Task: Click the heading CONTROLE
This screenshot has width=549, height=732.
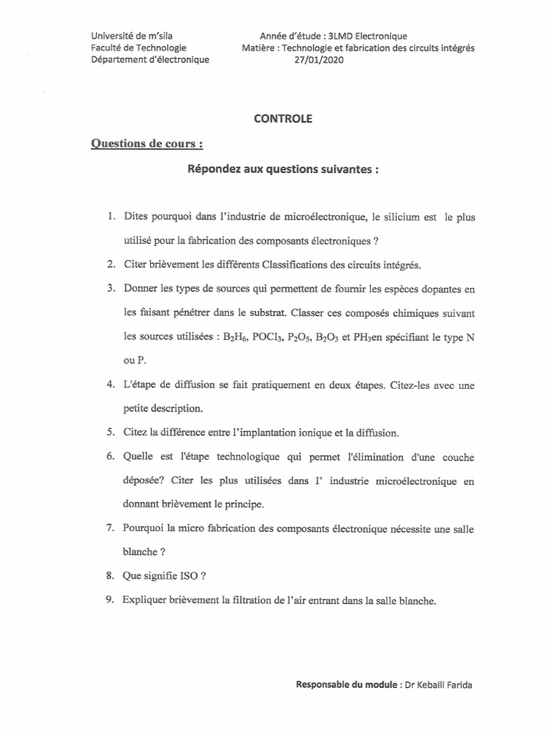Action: click(283, 119)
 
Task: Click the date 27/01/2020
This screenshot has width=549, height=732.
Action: click(319, 60)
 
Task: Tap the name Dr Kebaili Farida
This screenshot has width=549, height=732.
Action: click(438, 684)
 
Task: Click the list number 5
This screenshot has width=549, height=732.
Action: click(111, 432)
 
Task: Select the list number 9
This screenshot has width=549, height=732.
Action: click(111, 600)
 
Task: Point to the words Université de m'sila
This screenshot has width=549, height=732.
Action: click(131, 36)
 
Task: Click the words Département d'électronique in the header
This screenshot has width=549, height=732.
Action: click(150, 60)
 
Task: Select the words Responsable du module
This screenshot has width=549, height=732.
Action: click(347, 684)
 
